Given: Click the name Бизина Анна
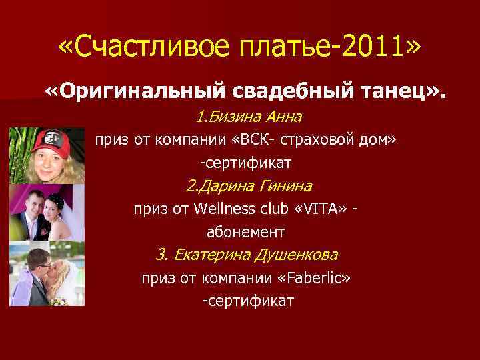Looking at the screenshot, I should tap(249, 117).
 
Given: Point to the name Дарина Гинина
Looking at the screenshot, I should tap(249, 186).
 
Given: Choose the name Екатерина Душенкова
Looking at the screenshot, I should tap(247, 255).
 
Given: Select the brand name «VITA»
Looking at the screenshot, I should tap(323, 209).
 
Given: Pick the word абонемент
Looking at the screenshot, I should tap(246, 232).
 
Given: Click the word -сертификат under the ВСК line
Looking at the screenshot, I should tap(247, 163).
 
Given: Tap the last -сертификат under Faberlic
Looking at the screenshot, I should tap(247, 301).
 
